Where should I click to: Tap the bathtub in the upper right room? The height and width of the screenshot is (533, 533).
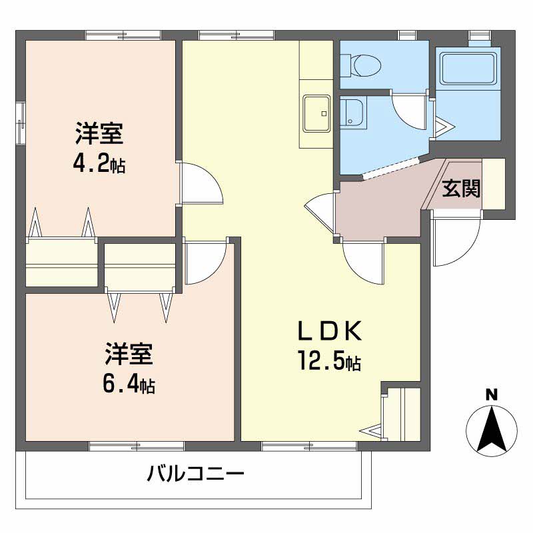(x=468, y=69)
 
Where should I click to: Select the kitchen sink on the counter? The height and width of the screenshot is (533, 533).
(x=316, y=113)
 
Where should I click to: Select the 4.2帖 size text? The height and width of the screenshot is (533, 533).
(x=99, y=163)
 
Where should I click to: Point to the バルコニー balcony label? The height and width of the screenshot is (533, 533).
(x=196, y=475)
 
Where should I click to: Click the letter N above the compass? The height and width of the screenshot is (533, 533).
(x=491, y=394)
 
